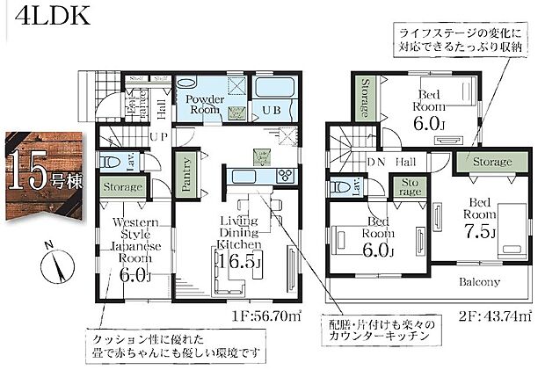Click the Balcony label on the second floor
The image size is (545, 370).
(x=478, y=282)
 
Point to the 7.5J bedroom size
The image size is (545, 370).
(x=480, y=232)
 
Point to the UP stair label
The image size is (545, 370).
(x=160, y=137)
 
